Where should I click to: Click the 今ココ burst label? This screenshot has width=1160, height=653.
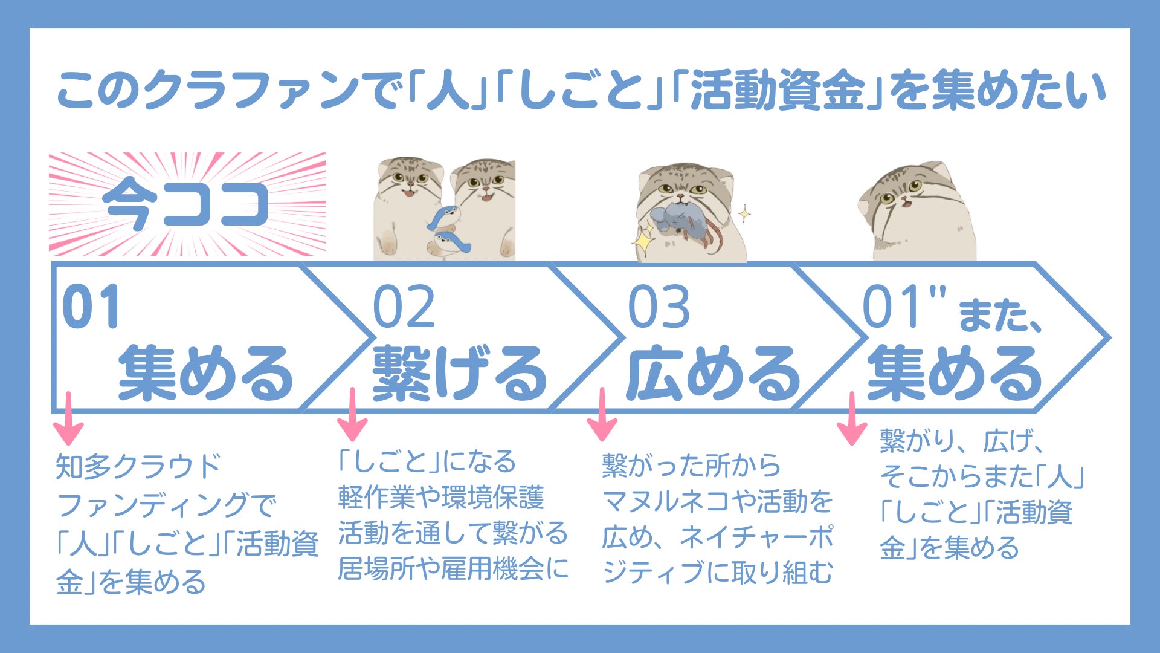click(x=186, y=204)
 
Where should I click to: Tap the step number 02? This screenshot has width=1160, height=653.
click(x=404, y=307)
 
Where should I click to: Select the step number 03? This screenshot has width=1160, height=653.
click(x=659, y=307)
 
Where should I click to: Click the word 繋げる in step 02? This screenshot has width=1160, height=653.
click(x=460, y=374)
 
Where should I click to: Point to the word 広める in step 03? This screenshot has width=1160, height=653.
click(x=714, y=374)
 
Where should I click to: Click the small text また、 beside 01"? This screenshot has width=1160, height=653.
click(x=1000, y=316)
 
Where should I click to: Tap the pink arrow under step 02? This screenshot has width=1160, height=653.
click(x=352, y=414)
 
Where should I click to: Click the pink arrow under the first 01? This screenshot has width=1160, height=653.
click(x=68, y=418)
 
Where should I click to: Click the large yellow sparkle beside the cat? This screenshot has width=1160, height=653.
click(x=645, y=239)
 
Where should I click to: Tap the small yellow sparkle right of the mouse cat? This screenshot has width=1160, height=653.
click(x=744, y=213)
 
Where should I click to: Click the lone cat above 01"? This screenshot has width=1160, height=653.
click(x=918, y=211)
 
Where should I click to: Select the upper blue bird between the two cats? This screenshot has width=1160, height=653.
click(x=443, y=216)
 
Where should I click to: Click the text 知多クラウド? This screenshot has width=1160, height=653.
click(x=138, y=467)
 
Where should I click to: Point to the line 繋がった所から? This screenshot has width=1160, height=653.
click(x=691, y=466)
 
